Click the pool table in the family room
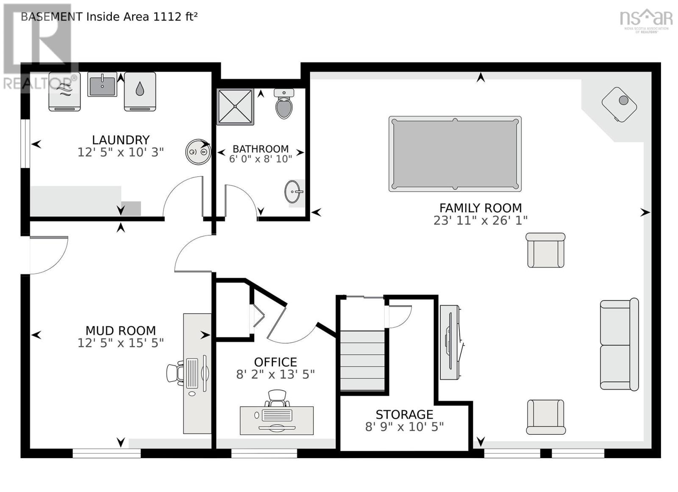click(x=455, y=154)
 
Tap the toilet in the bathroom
click(x=283, y=104)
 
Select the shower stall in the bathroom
click(x=235, y=107)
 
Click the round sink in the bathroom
click(x=292, y=192)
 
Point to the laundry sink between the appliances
click(x=102, y=84)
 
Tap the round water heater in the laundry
click(x=198, y=152)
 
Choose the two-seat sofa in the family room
click(x=619, y=344)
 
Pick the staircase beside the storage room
click(x=362, y=361)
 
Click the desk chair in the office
click(x=278, y=398)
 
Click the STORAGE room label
click(x=404, y=414)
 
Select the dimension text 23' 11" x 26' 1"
click(x=480, y=220)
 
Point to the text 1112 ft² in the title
click(x=175, y=17)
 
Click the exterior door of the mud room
click(x=47, y=254)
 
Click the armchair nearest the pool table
click(x=545, y=250)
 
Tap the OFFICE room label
click(x=275, y=362)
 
